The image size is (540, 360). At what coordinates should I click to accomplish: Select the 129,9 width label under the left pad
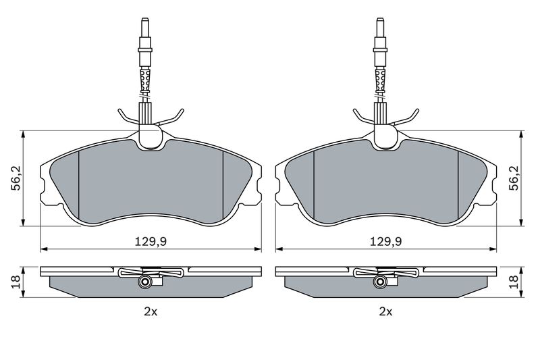click(152, 242)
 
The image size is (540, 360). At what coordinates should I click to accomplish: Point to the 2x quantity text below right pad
click(385, 311)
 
